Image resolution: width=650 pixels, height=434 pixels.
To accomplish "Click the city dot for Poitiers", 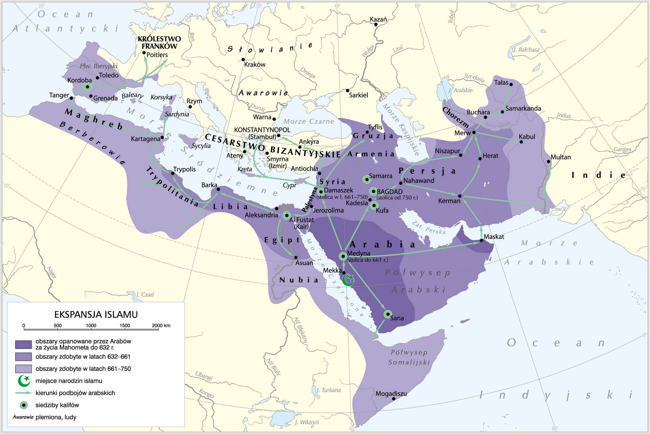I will [x=144, y=53].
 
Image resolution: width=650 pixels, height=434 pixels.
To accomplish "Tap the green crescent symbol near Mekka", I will [x=348, y=280].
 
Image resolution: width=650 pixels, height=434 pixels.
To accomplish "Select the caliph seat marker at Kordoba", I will [x=88, y=87].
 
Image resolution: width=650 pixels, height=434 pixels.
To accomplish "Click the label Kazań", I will [x=378, y=19].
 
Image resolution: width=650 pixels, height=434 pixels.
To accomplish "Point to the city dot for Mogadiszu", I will [x=393, y=399].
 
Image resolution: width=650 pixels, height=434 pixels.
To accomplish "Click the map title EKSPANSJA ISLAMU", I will [x=96, y=315].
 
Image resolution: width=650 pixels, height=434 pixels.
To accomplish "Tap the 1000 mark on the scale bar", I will [x=91, y=328].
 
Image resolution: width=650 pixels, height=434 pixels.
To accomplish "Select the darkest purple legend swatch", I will [x=23, y=344].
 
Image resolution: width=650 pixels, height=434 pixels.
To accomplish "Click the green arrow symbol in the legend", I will [x=23, y=393].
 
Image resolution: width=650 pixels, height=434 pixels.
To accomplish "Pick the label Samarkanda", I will [x=523, y=109].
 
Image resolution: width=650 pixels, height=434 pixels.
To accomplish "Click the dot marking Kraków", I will [x=243, y=60].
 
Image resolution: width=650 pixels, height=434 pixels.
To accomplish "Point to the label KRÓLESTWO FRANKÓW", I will [x=159, y=42].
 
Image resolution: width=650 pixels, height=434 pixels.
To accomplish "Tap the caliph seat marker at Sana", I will [x=388, y=314].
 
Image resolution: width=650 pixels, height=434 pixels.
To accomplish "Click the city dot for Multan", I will [x=548, y=162].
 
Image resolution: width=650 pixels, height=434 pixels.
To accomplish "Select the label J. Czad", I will [x=145, y=295].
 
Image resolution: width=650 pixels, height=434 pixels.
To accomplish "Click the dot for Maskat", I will [x=481, y=241].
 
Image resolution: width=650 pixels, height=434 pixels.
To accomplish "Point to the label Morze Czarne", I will [x=308, y=121].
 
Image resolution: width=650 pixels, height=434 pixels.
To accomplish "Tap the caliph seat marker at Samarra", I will [x=367, y=180].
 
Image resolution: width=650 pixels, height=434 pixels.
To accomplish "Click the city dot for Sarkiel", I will [x=348, y=91].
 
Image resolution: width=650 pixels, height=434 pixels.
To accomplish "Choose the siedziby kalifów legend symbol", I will [x=23, y=405].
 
